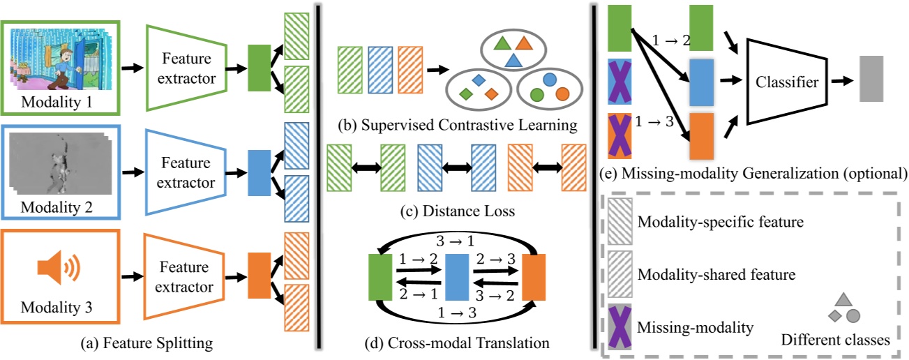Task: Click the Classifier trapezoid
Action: pyautogui.click(x=786, y=82)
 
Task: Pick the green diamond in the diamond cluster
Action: pyautogui.click(x=463, y=93)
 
